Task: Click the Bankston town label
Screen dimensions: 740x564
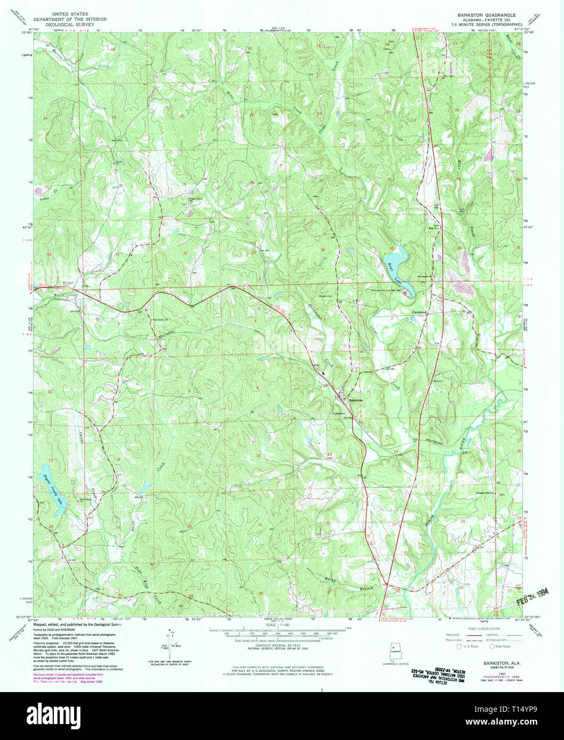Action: point(356,400)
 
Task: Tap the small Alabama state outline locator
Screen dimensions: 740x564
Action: point(395,654)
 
